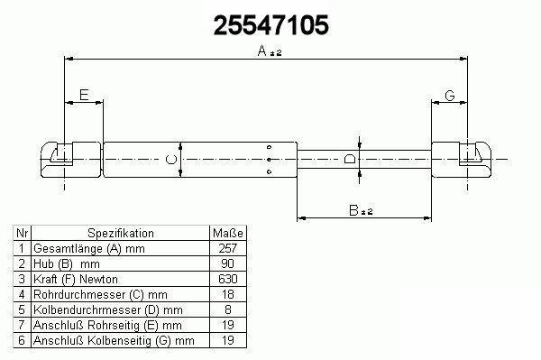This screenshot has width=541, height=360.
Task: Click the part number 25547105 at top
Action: point(270,25)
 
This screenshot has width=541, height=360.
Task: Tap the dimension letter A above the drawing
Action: point(262,51)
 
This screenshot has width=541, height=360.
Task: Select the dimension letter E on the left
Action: point(84,95)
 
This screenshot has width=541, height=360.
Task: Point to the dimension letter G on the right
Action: point(450,96)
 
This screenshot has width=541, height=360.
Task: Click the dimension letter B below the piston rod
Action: point(353,210)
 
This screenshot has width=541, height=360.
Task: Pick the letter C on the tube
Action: point(171,160)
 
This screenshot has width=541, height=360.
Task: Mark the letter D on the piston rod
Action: point(350,159)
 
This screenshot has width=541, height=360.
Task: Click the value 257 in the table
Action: point(228,248)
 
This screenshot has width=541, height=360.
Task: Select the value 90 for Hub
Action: point(228,263)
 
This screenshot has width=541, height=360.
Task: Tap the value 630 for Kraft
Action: point(228,279)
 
